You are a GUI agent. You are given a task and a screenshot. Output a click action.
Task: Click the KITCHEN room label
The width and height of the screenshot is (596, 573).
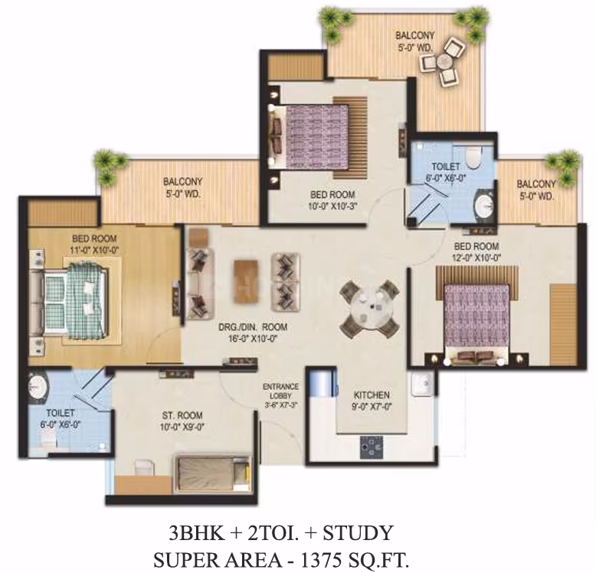pyautogui.click(x=372, y=395)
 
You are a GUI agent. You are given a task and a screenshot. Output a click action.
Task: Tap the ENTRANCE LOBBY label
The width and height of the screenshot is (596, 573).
pyautogui.click(x=281, y=391)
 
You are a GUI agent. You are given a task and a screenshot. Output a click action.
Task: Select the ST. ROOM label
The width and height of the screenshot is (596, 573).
pyautogui.click(x=182, y=415)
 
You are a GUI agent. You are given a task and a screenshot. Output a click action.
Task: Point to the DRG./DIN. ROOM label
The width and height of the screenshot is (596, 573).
pyautogui.click(x=253, y=327)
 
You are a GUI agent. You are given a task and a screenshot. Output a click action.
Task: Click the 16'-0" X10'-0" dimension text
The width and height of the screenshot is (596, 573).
pyautogui.click(x=251, y=338)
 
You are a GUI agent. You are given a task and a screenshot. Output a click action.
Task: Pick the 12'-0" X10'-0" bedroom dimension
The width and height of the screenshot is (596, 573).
pyautogui.click(x=477, y=257)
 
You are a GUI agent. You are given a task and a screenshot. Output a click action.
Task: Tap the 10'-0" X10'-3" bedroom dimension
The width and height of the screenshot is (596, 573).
pyautogui.click(x=333, y=206)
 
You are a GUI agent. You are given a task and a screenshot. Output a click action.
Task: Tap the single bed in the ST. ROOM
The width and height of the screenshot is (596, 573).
pyautogui.click(x=213, y=473)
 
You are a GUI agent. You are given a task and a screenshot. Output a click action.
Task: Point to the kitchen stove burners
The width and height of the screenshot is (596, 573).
pyautogui.click(x=372, y=447)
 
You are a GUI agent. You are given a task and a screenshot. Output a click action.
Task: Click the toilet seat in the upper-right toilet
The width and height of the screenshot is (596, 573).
pyautogui.click(x=473, y=157)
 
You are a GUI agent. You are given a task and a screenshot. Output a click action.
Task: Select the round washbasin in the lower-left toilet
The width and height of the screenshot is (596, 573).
pyautogui.click(x=38, y=386)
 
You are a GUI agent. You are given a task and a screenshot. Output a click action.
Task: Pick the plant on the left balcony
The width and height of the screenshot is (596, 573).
pyautogui.click(x=110, y=164)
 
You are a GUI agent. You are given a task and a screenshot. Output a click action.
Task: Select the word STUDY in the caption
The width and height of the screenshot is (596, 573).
pyautogui.click(x=358, y=532)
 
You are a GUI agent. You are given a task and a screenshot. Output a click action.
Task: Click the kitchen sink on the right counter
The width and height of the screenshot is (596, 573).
pyautogui.click(x=422, y=382)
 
